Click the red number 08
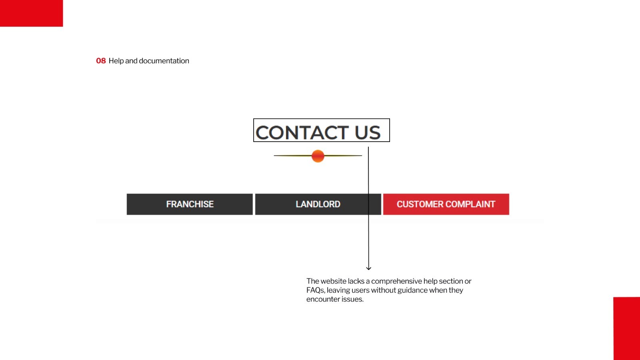point(101,61)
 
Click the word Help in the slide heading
point(116,61)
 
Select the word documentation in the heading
point(164,61)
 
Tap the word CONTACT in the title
point(302,133)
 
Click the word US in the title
point(368,133)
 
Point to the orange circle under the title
point(318,156)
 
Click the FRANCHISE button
point(190,204)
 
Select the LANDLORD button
point(318,204)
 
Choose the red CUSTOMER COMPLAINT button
point(446,204)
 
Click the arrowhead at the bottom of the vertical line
point(368,268)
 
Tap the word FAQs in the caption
point(315,290)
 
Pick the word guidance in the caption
point(412,290)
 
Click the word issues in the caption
point(352,299)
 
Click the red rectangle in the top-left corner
point(31,13)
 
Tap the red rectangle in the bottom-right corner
point(626,328)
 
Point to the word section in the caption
point(451,281)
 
